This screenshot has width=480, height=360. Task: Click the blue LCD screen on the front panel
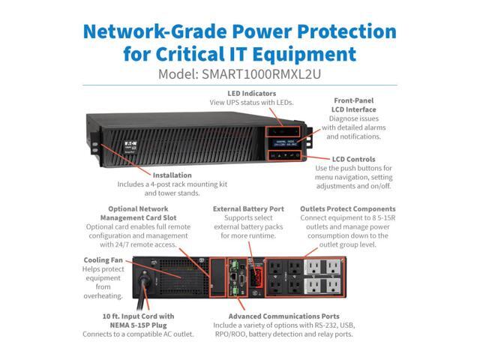(281, 139)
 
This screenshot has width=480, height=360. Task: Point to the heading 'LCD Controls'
(359, 159)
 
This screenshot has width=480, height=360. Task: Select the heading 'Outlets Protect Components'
(347, 208)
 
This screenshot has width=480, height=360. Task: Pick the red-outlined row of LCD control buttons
(281, 155)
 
